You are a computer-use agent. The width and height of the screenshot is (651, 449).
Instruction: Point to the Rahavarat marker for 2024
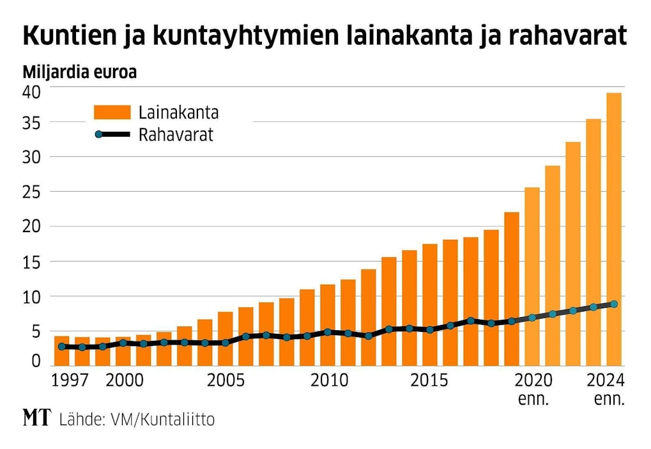613,304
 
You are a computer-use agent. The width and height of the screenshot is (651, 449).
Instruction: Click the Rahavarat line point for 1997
61,346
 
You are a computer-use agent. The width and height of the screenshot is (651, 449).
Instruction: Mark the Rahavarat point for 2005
225,343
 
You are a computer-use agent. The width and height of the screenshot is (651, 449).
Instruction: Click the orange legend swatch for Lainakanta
112,113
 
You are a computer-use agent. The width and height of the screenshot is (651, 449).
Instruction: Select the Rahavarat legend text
176,135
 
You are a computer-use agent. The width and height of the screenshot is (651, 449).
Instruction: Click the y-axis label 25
33,191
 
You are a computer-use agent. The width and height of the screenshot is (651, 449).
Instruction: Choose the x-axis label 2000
125,381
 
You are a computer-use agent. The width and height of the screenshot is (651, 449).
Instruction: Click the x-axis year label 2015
429,381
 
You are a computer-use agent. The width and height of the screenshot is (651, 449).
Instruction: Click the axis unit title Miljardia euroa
80,72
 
